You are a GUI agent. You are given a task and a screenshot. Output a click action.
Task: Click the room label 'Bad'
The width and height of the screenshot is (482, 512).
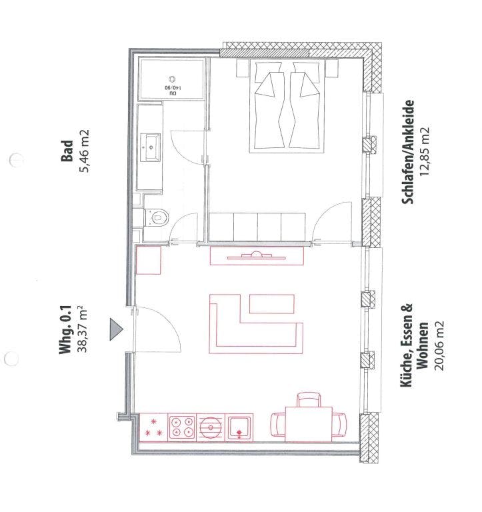67,151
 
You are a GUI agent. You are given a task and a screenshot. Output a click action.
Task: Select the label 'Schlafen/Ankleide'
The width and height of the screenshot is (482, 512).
408,152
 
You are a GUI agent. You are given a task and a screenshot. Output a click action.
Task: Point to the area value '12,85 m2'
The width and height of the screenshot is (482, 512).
425,151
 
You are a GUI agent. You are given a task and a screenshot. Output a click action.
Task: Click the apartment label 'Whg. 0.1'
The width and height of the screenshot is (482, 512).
65,330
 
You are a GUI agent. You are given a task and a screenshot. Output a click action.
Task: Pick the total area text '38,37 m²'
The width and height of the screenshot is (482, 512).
81,329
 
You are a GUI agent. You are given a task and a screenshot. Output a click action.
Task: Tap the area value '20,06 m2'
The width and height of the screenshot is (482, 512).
439,346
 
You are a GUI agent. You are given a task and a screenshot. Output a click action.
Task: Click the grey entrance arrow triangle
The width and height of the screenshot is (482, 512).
115,329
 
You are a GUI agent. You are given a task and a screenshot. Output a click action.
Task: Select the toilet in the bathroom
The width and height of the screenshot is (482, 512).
157,217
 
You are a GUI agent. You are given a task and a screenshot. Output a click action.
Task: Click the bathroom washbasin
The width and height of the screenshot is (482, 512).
151,147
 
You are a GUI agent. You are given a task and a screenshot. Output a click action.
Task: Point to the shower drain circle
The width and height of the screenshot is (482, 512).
173,79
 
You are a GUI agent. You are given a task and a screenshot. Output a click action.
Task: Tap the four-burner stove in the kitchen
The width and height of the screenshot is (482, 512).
182,427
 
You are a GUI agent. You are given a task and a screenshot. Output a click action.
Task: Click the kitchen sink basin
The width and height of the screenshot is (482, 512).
240,427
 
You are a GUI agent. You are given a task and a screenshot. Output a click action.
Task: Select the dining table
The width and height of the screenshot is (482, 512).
309,424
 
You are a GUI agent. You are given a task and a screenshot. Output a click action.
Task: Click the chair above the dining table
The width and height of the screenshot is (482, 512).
309,399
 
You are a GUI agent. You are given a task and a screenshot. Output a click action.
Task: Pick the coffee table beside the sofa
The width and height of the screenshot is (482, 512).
272,304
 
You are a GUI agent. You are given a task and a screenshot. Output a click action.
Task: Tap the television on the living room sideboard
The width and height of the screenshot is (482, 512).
257,256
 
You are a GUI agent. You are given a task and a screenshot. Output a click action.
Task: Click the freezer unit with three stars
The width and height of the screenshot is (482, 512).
153,427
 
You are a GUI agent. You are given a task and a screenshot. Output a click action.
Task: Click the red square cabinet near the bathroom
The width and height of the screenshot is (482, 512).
148,260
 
